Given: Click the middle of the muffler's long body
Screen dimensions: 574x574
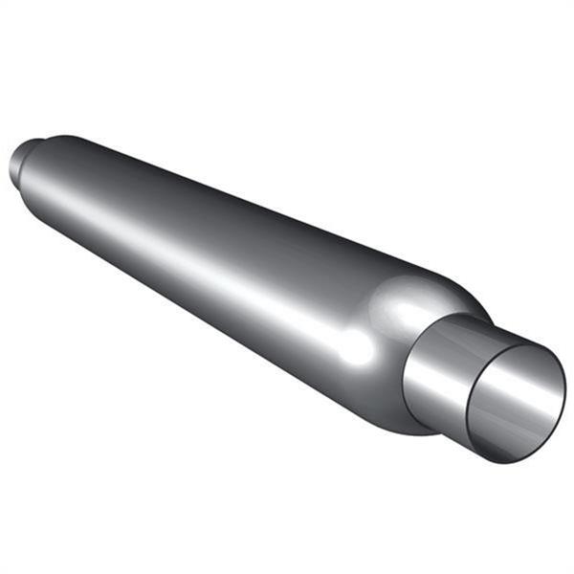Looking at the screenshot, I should point(220,249).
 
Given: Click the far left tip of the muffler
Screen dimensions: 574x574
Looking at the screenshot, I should point(11,167).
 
